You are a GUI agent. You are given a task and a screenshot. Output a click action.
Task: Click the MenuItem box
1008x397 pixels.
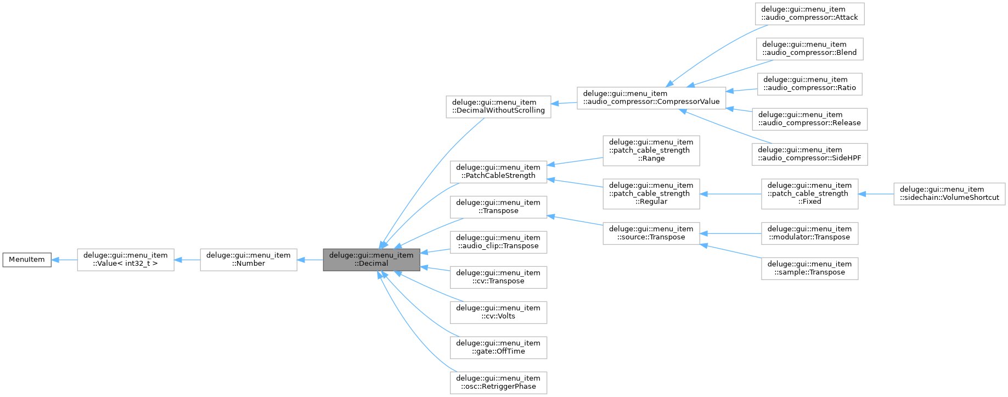click(27, 260)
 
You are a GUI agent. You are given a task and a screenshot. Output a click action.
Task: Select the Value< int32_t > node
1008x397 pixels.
click(125, 260)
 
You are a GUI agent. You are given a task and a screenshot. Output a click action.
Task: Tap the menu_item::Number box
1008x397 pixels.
click(248, 260)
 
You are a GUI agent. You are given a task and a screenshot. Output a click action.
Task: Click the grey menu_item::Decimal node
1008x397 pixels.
click(371, 260)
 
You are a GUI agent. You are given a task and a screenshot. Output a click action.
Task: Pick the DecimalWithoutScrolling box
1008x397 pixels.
click(498, 107)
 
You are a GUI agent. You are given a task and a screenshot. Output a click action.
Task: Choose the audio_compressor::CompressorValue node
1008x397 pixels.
click(651, 98)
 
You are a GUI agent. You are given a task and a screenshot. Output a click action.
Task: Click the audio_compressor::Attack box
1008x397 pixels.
click(809, 14)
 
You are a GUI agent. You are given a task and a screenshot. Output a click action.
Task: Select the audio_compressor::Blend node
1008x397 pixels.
click(809, 49)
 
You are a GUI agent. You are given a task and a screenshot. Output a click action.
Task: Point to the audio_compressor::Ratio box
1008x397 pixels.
click(809, 84)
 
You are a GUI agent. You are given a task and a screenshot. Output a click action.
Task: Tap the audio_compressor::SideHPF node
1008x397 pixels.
click(809, 154)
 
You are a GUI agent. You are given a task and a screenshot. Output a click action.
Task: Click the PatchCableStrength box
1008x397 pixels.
click(498, 172)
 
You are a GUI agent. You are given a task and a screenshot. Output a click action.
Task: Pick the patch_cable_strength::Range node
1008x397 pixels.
click(651, 150)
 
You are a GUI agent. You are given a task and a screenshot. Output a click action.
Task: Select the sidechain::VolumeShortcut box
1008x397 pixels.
click(949, 194)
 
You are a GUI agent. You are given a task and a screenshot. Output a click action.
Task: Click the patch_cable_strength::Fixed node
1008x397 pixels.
click(809, 194)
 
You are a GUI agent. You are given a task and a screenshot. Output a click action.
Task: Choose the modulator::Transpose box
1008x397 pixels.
click(809, 233)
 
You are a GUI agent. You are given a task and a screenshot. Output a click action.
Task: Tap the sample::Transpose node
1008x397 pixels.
click(809, 269)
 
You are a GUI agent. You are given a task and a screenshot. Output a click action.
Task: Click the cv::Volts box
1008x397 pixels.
click(498, 312)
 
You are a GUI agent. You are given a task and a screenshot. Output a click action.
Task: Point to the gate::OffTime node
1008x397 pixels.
click(498, 348)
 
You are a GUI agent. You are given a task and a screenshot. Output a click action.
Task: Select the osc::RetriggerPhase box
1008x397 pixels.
click(498, 383)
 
